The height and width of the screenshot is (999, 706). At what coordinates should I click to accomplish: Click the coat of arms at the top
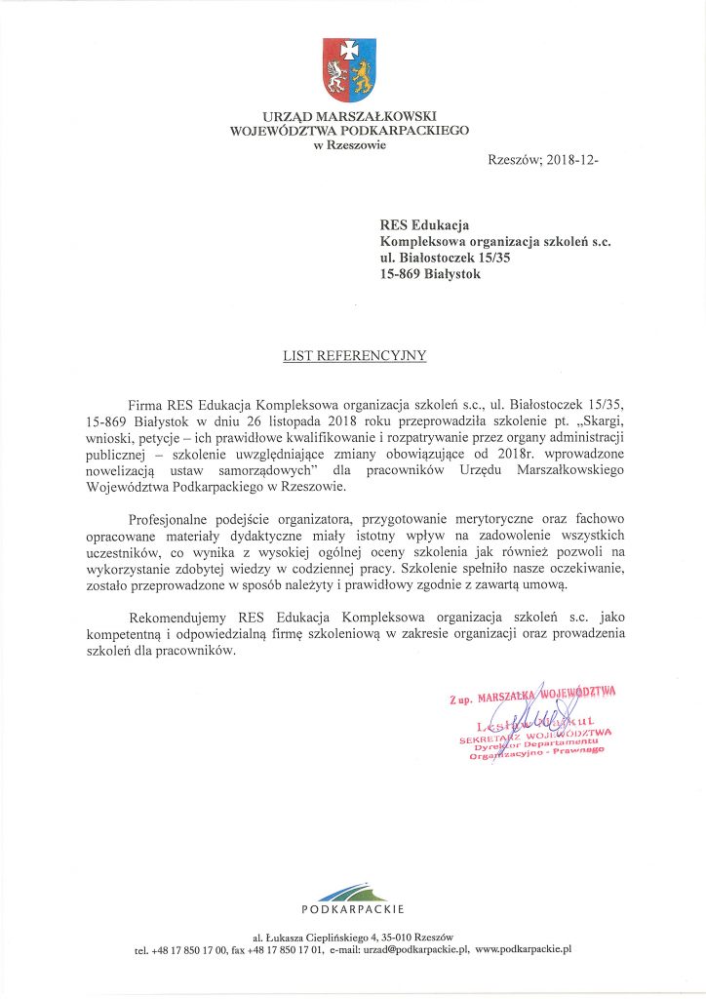tap(350, 70)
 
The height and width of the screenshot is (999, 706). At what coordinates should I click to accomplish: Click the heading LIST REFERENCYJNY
tap(354, 355)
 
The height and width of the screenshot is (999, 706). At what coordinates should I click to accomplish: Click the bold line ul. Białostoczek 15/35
tap(445, 259)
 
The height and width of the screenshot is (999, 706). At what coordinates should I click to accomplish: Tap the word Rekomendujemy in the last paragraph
tap(178, 618)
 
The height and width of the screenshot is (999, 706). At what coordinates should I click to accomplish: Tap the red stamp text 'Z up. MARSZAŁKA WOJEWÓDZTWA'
tap(533, 696)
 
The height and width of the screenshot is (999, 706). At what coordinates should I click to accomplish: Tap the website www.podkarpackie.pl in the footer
tap(523, 947)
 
